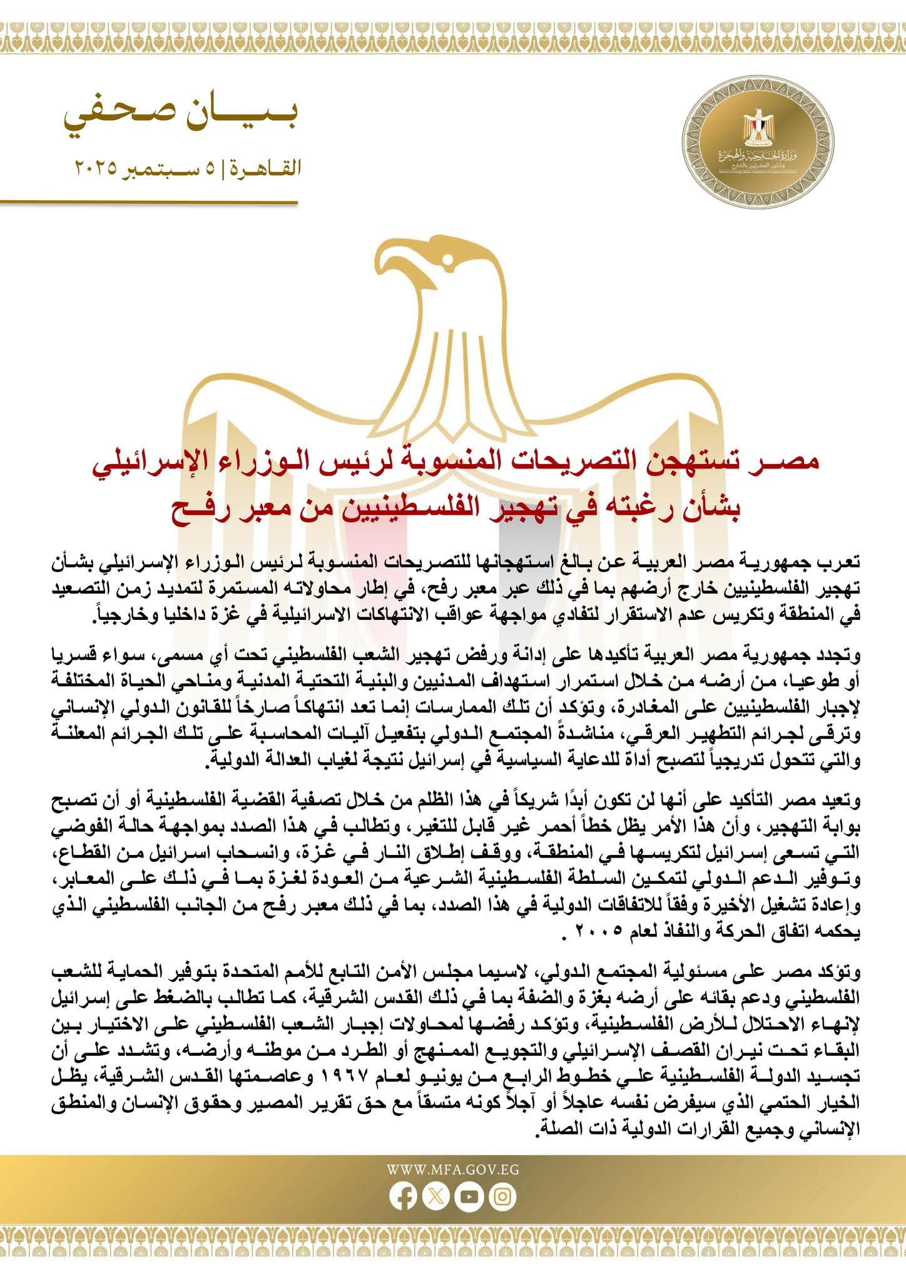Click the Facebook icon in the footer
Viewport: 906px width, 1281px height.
click(x=402, y=1197)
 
